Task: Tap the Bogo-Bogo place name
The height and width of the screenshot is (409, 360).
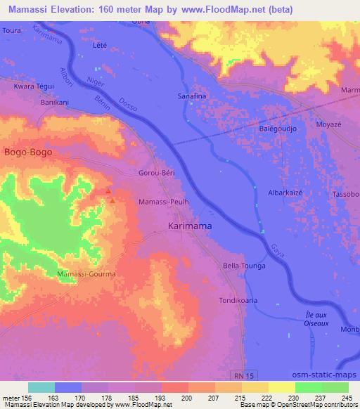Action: coord(28,151)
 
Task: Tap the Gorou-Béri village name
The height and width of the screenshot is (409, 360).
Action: coord(156,172)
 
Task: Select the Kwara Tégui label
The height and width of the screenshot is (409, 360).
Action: coord(34,87)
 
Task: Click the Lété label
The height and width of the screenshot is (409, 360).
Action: coord(100,44)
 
